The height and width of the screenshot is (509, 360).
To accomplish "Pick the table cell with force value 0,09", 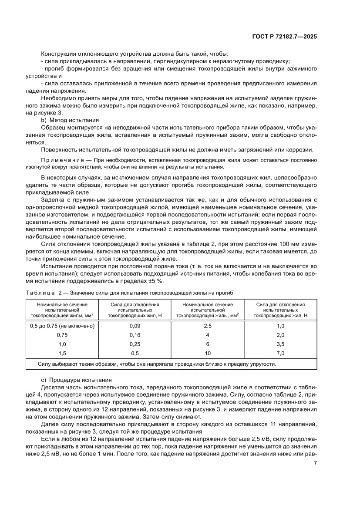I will tap(135, 326).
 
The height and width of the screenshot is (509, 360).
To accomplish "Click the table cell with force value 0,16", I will tap(135, 335).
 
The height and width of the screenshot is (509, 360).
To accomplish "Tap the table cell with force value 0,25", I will tap(135, 344).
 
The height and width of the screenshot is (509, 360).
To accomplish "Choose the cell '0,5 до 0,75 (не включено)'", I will tap(62, 326).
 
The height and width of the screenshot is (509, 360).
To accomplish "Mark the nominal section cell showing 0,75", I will tap(62, 335).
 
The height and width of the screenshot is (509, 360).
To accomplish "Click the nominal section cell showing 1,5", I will tap(62, 354).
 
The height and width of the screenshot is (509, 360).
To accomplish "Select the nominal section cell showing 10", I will tap(208, 354).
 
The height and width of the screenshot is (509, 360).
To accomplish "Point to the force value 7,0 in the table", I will tap(280, 354).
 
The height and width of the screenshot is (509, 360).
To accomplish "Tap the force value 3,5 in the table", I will tap(280, 344).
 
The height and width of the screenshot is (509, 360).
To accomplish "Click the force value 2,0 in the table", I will tap(280, 335).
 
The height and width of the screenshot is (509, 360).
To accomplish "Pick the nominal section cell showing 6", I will tap(208, 344).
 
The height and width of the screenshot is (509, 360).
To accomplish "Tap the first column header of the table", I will tap(62, 310).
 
